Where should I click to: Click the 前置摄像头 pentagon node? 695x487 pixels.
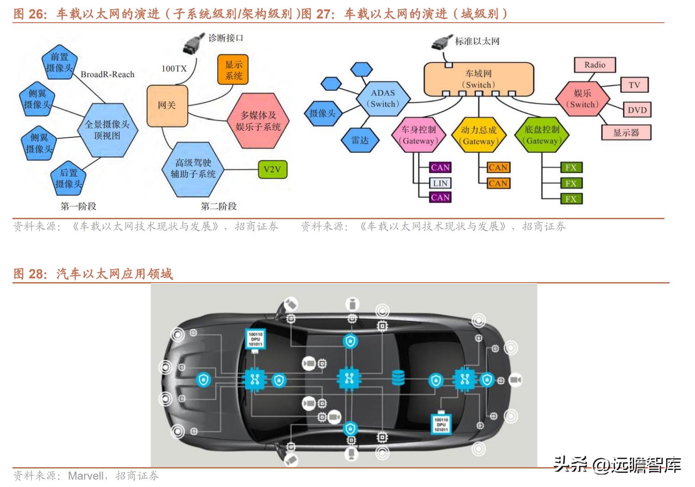[x=59, y=62]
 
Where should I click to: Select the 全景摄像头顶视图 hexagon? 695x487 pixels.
[x=107, y=130]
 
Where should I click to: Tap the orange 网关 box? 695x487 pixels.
[x=167, y=105]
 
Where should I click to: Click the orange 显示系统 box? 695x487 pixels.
[x=234, y=70]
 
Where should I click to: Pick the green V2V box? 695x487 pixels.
[x=272, y=169]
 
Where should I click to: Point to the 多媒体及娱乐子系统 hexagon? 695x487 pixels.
[x=258, y=121]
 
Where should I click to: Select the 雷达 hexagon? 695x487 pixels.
[x=360, y=140]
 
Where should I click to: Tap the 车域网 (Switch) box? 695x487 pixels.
[x=479, y=79]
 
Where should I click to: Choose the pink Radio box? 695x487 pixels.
[x=595, y=65]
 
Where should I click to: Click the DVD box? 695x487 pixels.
[x=637, y=110]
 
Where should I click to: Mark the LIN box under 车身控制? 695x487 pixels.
[x=440, y=183]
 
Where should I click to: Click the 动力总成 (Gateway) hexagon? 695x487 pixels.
[x=479, y=136]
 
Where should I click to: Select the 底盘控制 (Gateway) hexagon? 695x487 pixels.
[x=541, y=135]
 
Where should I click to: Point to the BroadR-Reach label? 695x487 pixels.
[x=107, y=74]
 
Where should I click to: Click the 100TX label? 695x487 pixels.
[x=174, y=69]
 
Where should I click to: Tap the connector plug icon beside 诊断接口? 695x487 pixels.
[x=191, y=43]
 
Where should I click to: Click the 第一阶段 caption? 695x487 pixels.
[x=78, y=206]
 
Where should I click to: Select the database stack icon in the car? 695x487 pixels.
[x=398, y=378]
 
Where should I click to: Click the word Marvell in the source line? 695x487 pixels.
[x=86, y=475]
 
